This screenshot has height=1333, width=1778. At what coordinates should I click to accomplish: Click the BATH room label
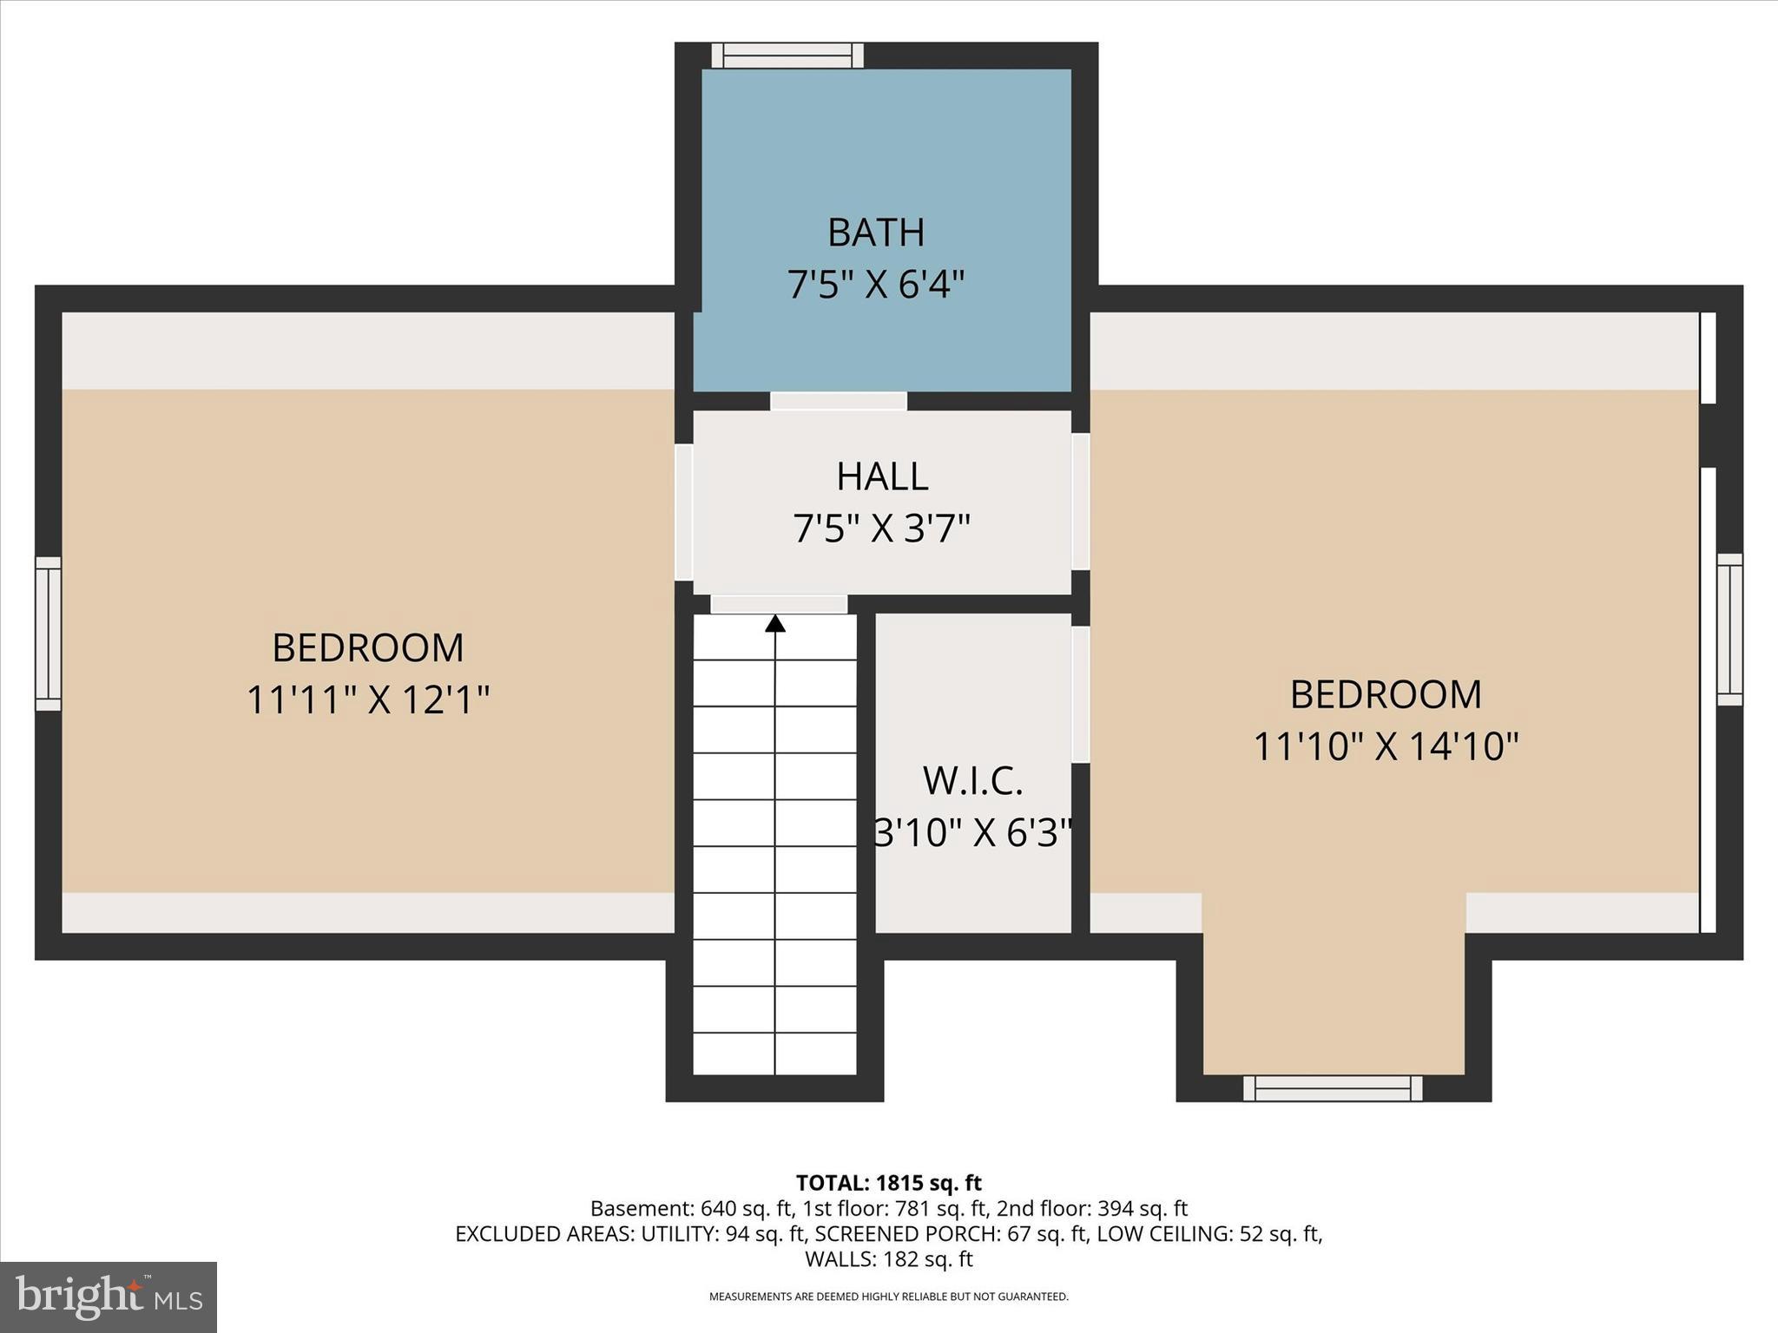click(876, 233)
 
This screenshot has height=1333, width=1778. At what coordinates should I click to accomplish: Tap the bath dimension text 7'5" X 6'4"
click(876, 285)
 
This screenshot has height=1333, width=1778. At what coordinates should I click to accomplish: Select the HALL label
click(882, 476)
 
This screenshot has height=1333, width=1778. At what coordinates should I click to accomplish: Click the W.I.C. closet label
click(972, 781)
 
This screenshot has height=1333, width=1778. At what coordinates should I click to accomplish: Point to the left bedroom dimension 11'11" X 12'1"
click(368, 700)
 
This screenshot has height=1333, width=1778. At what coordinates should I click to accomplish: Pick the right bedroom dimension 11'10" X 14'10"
click(1386, 746)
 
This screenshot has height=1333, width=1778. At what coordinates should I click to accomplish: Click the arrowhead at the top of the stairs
click(775, 623)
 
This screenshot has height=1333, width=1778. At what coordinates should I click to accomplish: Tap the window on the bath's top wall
click(787, 56)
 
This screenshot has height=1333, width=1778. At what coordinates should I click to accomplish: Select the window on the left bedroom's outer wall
click(49, 634)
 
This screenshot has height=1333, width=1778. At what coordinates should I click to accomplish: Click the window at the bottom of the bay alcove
click(1333, 1088)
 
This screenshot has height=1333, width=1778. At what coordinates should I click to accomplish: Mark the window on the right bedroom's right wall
click(1729, 629)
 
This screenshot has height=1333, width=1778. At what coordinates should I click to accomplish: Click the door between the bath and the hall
click(839, 401)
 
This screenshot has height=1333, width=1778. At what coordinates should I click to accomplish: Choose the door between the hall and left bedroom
click(684, 512)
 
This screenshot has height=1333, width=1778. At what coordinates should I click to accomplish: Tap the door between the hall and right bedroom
click(1081, 502)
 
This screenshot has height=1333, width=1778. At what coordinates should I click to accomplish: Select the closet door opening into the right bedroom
click(1081, 694)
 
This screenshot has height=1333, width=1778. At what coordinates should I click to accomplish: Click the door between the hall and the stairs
click(779, 604)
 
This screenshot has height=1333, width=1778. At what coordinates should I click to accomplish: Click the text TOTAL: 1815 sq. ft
click(888, 1183)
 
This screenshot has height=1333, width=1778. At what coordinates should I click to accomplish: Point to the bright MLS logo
click(109, 1297)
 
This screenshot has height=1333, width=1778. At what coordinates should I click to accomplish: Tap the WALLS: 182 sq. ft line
click(888, 1259)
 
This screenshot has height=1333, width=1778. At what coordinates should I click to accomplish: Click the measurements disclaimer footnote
click(888, 1297)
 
